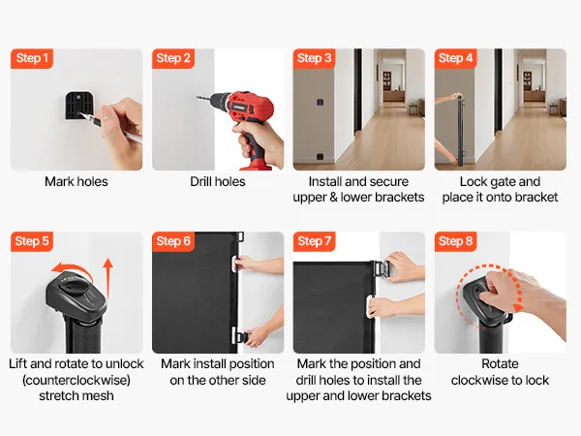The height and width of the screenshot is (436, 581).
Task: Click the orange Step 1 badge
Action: pyautogui.click(x=32, y=58)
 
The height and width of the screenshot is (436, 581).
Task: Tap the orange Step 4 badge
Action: pyautogui.click(x=455, y=58)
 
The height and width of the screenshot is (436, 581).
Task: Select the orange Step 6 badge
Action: pyautogui.click(x=173, y=241)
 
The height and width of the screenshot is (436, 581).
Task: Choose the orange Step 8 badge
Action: pyautogui.click(x=455, y=241)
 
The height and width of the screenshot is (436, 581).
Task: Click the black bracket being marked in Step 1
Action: pyautogui.click(x=78, y=106)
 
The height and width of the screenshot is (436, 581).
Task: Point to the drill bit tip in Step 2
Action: pyautogui.click(x=198, y=98)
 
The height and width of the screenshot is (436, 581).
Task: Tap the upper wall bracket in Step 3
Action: pyautogui.click(x=321, y=102)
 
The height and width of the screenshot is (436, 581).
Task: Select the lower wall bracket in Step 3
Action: pyautogui.click(x=320, y=157)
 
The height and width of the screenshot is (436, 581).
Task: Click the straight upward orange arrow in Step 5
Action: pyautogui.click(x=107, y=278)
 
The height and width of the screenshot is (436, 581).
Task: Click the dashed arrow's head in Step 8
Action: pyautogui.click(x=518, y=306)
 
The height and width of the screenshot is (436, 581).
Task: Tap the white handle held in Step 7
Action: pyautogui.click(x=371, y=306)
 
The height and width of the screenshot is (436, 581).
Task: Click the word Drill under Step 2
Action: pyautogui.click(x=201, y=182)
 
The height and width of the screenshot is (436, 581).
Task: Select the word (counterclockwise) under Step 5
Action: pyautogui.click(x=76, y=380)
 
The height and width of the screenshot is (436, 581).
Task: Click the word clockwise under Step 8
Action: pyautogui.click(x=476, y=380)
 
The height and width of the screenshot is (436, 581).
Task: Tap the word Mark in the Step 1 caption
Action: pyautogui.click(x=58, y=182)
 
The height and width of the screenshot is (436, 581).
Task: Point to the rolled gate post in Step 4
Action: pyautogui.click(x=460, y=131)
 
